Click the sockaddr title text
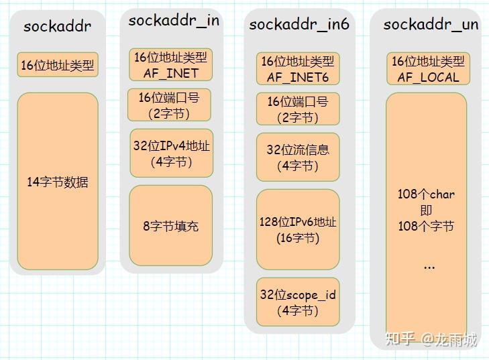click(x=57, y=27)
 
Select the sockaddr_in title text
click(x=173, y=20)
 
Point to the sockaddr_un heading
click(x=431, y=25)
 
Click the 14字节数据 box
click(x=57, y=182)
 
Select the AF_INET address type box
click(x=170, y=65)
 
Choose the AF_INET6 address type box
click(x=298, y=69)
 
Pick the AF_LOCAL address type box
click(x=428, y=69)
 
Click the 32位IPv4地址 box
click(x=170, y=154)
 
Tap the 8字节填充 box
click(x=170, y=226)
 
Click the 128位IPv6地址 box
click(x=298, y=229)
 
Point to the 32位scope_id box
click(x=298, y=302)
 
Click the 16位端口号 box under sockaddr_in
click(x=169, y=105)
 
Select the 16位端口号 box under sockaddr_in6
click(x=298, y=109)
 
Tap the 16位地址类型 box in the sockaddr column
click(x=58, y=66)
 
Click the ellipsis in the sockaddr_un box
click(x=429, y=266)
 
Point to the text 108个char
click(x=426, y=194)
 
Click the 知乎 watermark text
click(x=400, y=339)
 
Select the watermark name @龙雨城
click(x=449, y=339)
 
